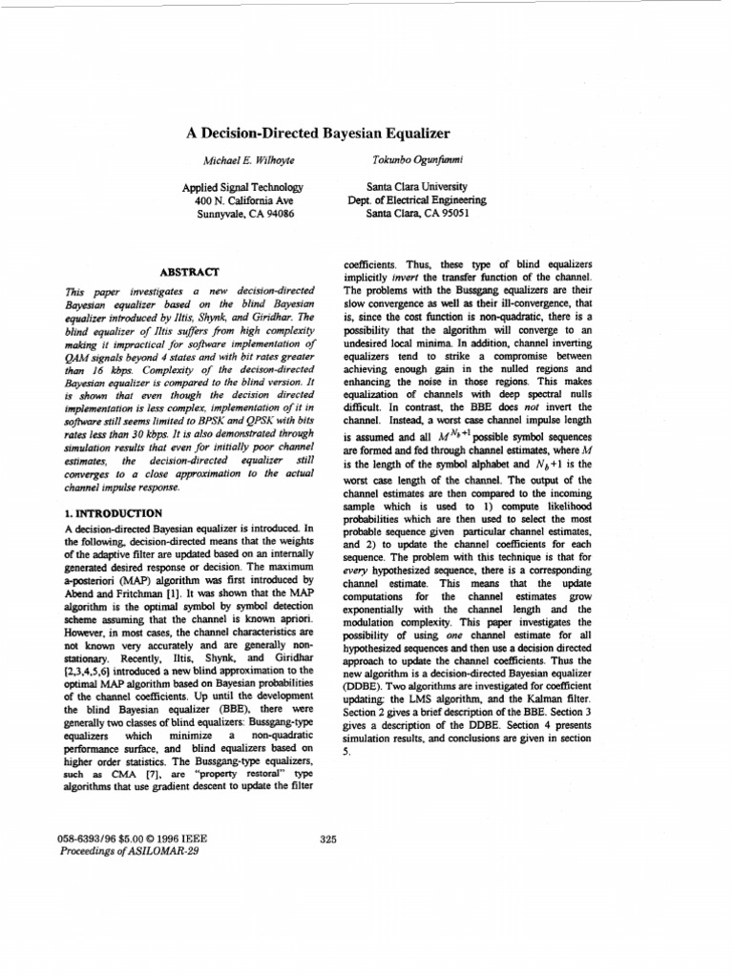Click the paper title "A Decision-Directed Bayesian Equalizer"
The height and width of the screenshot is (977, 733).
(x=317, y=134)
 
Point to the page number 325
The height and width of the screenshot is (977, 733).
(x=328, y=839)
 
